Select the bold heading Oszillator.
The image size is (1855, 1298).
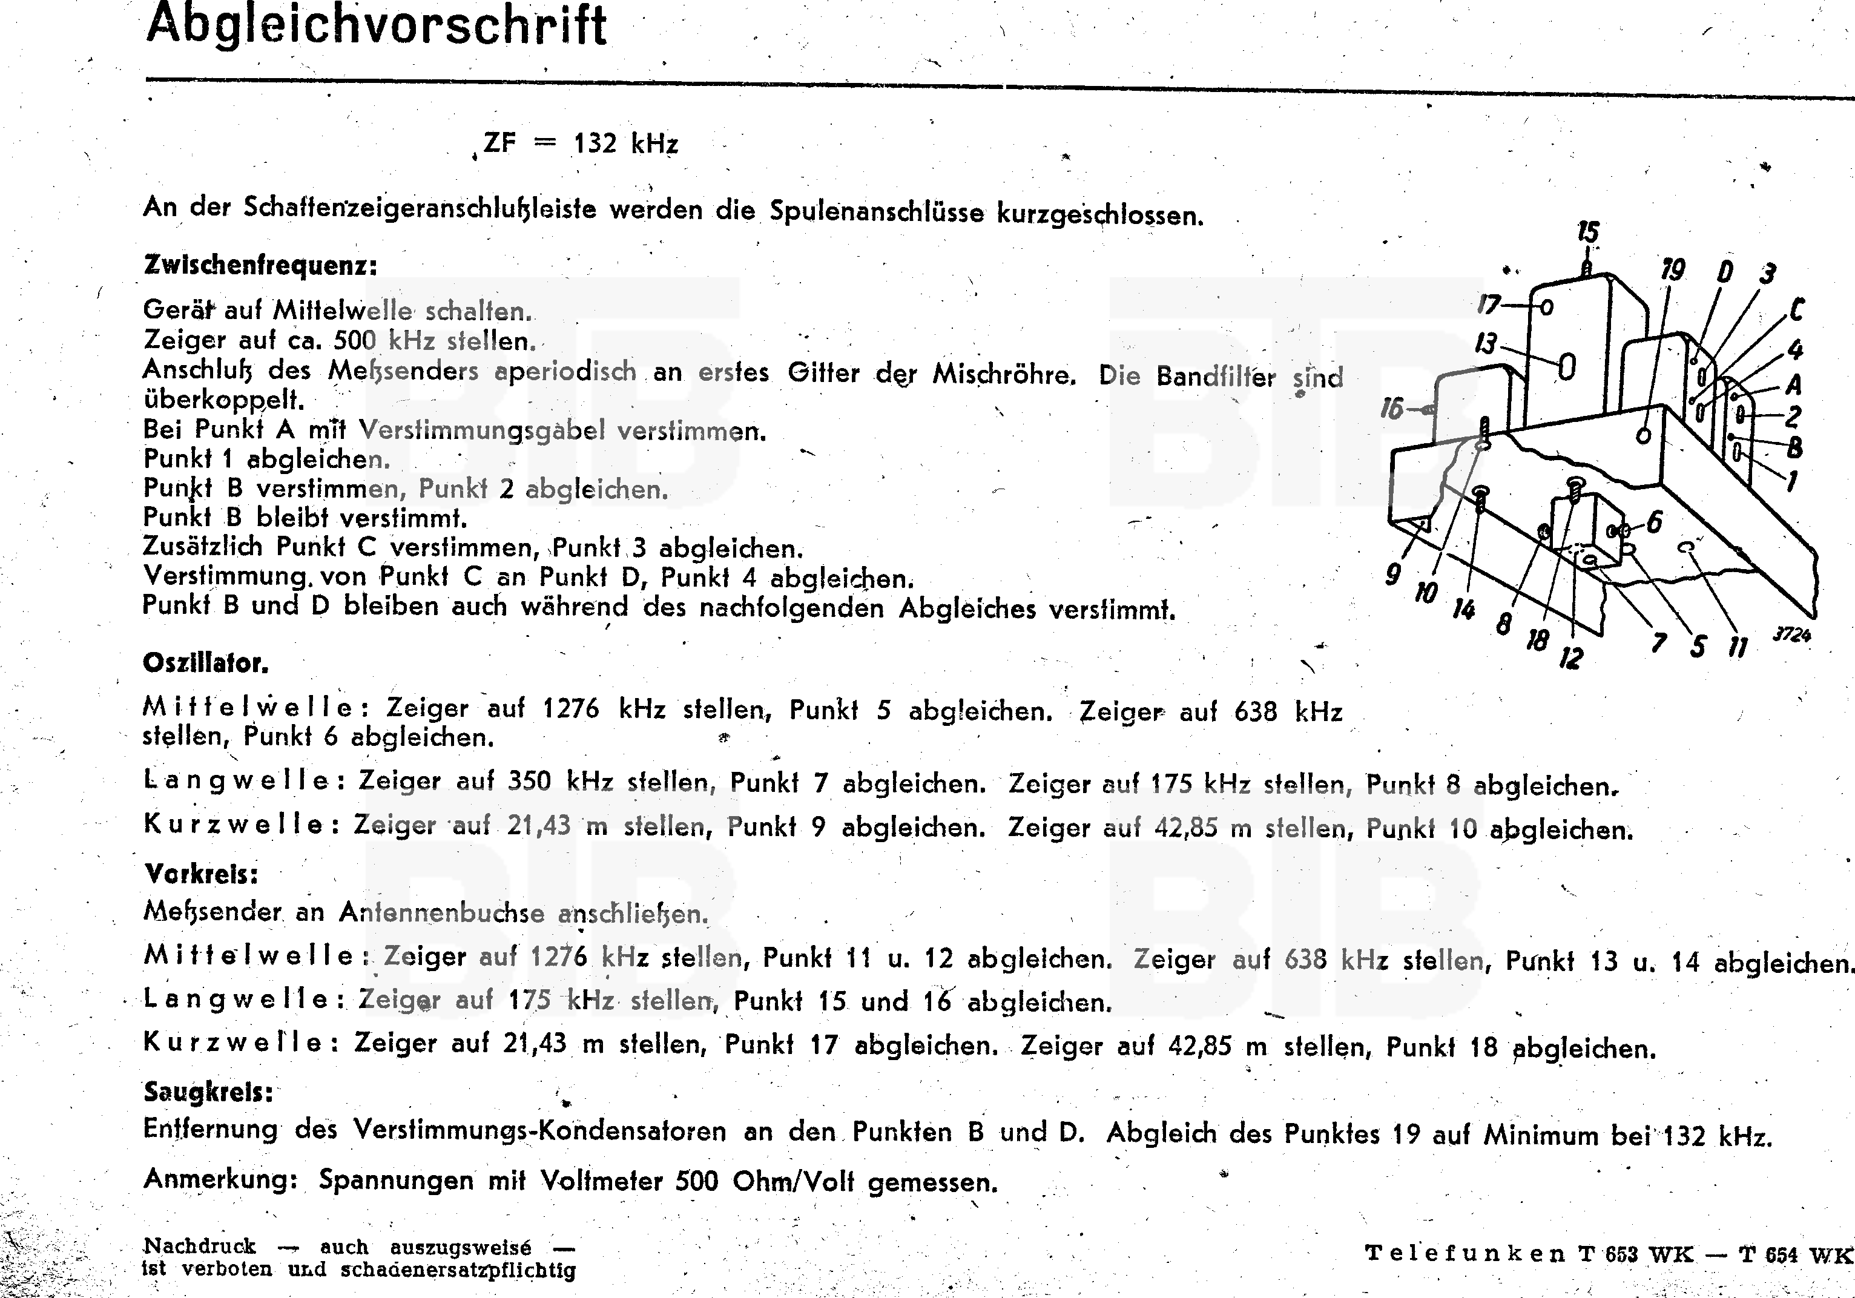[205, 663]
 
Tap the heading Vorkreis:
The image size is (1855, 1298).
[201, 874]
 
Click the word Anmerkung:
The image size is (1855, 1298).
[220, 1179]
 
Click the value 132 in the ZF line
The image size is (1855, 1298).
[595, 143]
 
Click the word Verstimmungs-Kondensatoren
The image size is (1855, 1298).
[539, 1131]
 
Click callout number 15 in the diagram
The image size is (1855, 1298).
[1587, 232]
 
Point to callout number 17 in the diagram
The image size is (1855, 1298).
[1488, 305]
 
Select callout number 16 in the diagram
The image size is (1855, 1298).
[1391, 409]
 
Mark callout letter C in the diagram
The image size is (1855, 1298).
[1796, 309]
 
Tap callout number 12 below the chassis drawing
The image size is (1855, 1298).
[1570, 658]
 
